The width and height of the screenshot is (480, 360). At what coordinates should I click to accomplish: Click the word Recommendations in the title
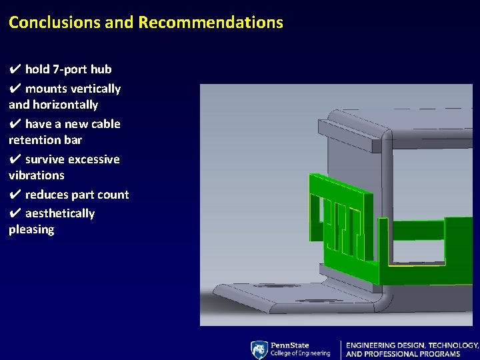click(x=211, y=22)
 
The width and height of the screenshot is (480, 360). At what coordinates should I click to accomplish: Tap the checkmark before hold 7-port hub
click(x=15, y=69)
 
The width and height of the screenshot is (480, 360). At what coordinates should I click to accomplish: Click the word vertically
click(x=96, y=89)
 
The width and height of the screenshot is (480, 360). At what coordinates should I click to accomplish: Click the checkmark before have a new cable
click(x=15, y=124)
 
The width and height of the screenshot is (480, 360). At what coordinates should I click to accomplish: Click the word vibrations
click(x=37, y=175)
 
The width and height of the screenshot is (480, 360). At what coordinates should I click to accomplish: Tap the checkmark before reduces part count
click(x=15, y=195)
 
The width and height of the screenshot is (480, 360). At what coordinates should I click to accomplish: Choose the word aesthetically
click(x=60, y=213)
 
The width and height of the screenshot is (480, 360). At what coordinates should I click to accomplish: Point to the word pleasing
click(x=31, y=229)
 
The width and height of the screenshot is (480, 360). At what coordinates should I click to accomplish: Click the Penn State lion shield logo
click(x=259, y=349)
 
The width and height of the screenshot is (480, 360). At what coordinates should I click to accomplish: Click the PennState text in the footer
click(x=290, y=345)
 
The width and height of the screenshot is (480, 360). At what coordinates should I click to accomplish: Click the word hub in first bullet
click(x=101, y=69)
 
